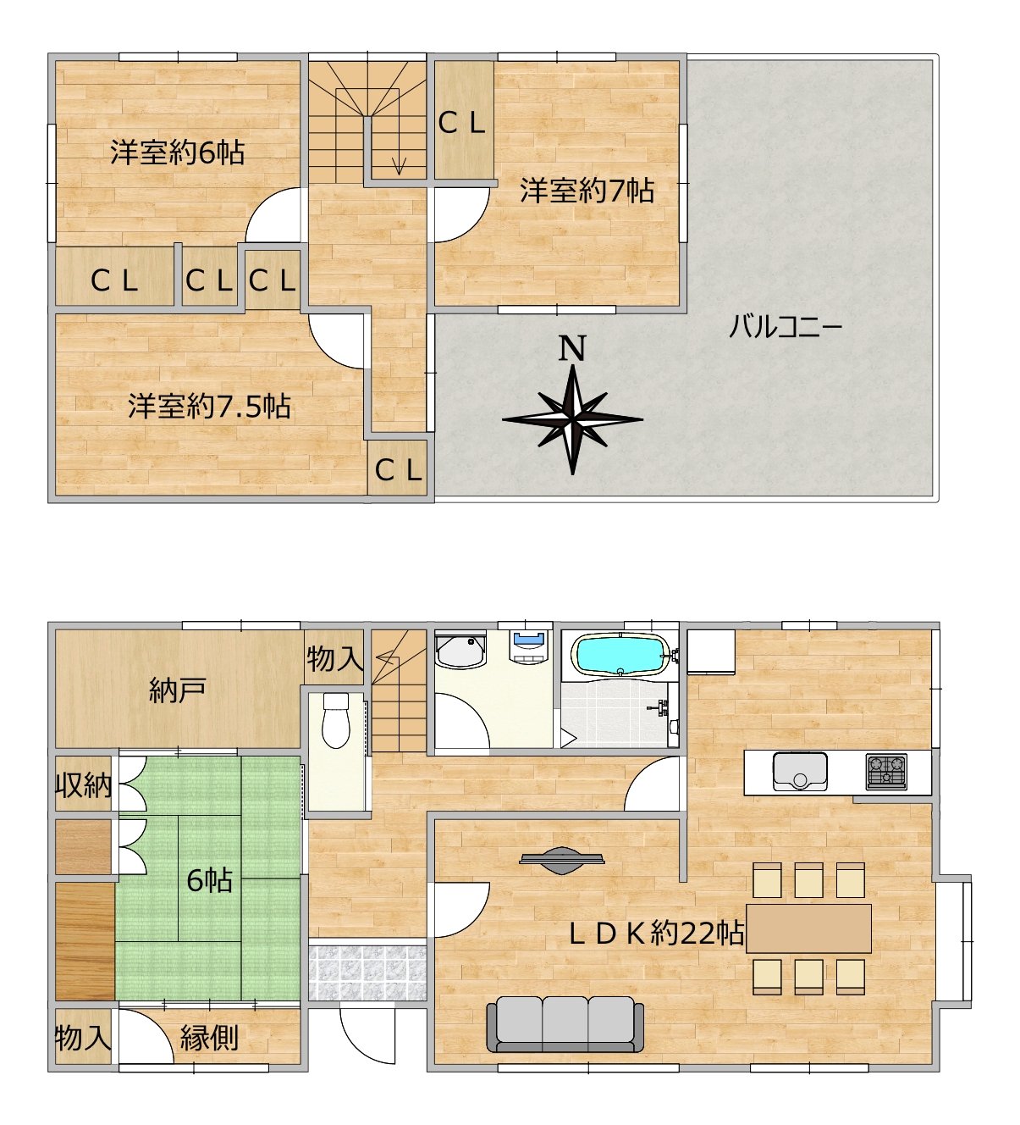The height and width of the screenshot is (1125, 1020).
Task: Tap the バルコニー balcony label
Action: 786,326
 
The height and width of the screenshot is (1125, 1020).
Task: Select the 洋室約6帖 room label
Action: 177,152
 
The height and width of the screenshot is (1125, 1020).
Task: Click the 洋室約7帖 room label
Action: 587,190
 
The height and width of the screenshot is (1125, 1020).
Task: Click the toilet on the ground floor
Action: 336,720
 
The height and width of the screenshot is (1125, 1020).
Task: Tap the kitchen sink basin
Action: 800,772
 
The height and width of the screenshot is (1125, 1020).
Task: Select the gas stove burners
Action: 886,772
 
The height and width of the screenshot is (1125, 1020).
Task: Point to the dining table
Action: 808,928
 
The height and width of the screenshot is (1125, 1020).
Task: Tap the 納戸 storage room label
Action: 178,690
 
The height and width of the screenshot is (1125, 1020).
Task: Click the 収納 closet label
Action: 84,785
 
